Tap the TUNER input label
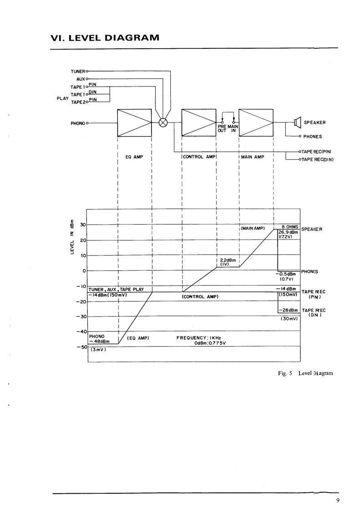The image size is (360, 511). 77,72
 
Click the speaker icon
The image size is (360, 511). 298,122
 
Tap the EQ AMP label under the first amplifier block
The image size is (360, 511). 134,157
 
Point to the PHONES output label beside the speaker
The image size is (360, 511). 314,136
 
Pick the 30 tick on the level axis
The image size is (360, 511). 83,225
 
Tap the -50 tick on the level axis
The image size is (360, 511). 82,347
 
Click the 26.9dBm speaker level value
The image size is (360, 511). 287,232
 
